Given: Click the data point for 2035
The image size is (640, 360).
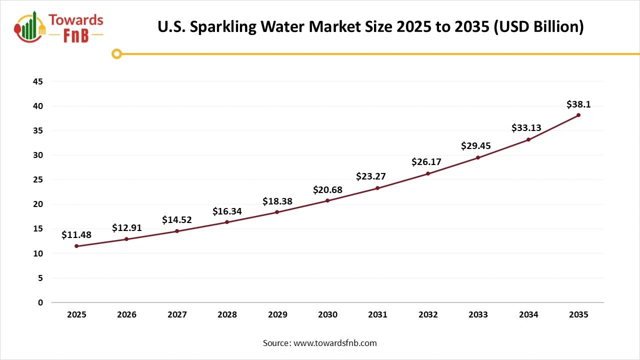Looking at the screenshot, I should (x=578, y=115).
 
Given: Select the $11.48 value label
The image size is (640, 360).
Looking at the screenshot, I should (x=76, y=234).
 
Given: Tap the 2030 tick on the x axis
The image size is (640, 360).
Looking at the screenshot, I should (x=327, y=315).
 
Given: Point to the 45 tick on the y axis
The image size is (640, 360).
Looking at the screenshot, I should (x=37, y=81).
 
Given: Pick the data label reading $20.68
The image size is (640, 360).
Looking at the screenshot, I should (x=327, y=189).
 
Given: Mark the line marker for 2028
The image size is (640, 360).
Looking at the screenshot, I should (x=227, y=222).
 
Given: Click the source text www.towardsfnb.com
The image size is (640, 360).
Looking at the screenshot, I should (x=334, y=343).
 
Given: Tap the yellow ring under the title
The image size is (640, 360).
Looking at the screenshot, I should (x=116, y=53).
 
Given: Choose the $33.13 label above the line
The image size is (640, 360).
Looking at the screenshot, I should (x=526, y=128).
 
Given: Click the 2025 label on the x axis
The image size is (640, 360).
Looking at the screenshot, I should (x=76, y=315).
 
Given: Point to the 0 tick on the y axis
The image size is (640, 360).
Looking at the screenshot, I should (x=40, y=302).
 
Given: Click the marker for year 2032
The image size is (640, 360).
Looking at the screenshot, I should (x=428, y=173).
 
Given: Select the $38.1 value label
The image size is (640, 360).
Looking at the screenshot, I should (x=578, y=104).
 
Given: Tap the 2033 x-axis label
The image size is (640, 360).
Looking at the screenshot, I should (x=478, y=315).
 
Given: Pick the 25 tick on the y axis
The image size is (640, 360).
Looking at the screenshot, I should (x=37, y=180).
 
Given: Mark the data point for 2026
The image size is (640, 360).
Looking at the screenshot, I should (x=126, y=239).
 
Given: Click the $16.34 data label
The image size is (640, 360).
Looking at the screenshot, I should (x=227, y=211).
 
